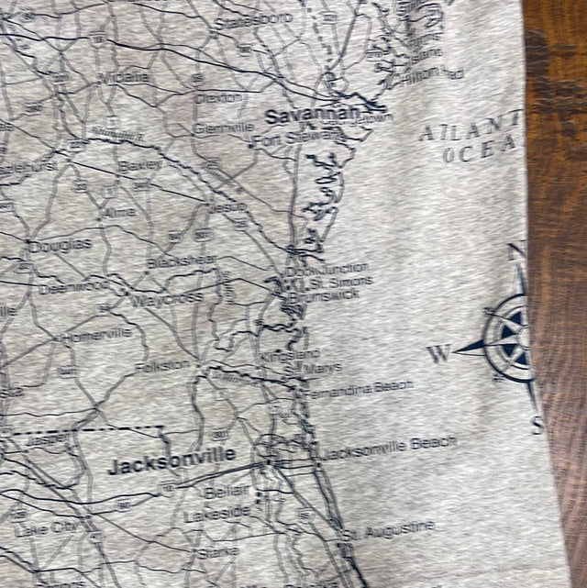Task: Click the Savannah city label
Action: (298, 116)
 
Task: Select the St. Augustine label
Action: (389, 529)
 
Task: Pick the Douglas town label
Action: (60, 246)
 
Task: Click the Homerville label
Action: (96, 335)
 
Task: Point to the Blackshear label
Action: (183, 261)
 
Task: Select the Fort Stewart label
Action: (282, 139)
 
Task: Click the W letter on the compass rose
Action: (439, 351)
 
